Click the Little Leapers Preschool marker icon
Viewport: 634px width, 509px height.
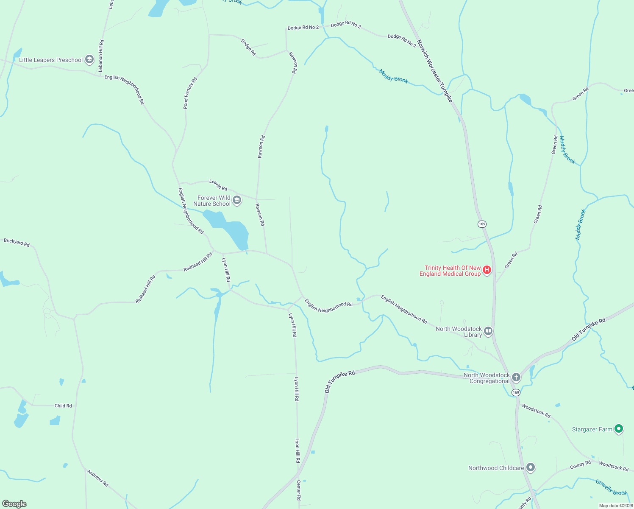89,59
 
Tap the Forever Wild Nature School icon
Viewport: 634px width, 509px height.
237,200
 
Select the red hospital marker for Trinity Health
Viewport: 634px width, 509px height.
487,270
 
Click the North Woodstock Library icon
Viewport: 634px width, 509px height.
488,331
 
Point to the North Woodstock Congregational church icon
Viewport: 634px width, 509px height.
516,378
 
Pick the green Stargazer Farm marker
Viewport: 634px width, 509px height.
619,429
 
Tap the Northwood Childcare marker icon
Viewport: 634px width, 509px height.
531,468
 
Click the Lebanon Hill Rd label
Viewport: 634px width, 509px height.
101,56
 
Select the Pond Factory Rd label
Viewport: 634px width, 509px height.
190,93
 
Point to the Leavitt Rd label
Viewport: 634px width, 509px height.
218,185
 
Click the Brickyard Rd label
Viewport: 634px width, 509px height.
17,243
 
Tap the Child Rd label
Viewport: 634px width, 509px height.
63,406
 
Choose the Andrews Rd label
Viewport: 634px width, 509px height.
97,478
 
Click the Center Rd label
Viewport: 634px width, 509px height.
298,490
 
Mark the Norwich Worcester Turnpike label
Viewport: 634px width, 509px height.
435,71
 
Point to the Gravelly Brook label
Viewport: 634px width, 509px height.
611,487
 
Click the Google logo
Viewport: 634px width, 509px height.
14,504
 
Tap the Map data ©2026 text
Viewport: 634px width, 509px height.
615,506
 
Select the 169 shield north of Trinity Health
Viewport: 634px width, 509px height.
482,224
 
